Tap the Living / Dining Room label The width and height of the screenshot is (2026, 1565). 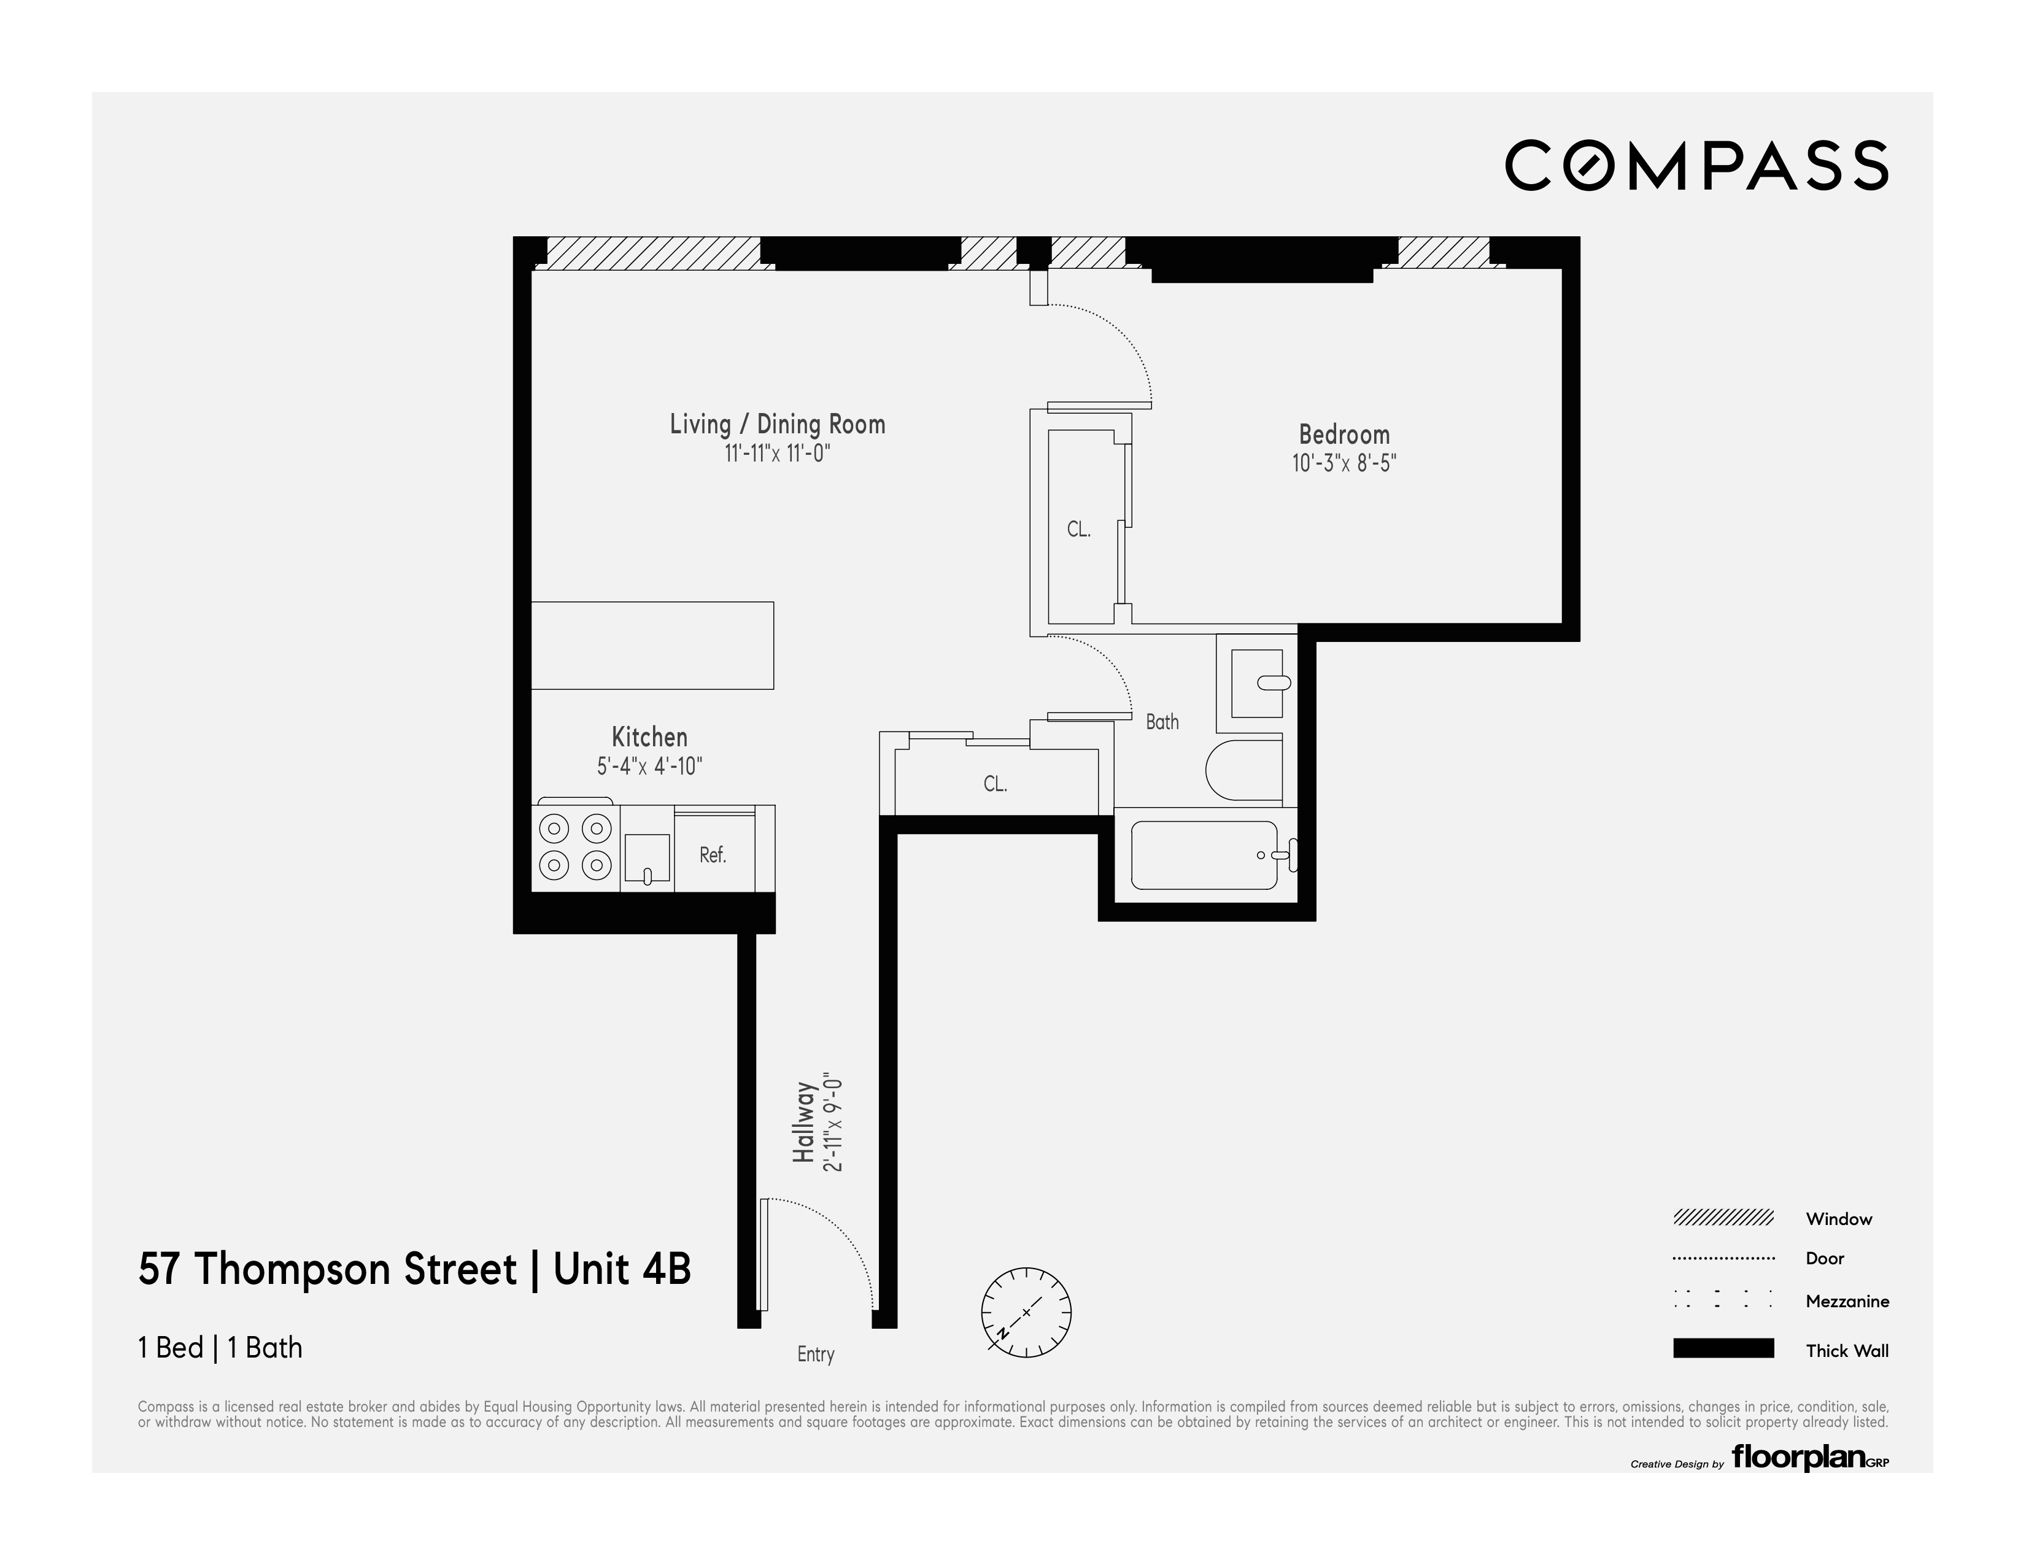coord(778,424)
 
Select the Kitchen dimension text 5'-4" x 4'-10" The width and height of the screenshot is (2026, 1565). coord(649,767)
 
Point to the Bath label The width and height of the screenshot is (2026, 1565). coord(1161,722)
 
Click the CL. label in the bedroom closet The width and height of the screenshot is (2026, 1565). coord(1078,530)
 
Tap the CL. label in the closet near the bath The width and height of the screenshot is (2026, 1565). coord(994,784)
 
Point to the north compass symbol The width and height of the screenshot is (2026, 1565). coord(1026,1312)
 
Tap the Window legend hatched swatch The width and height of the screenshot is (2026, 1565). coord(1723,1218)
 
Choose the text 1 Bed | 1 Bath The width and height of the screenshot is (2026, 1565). coord(220,1347)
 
